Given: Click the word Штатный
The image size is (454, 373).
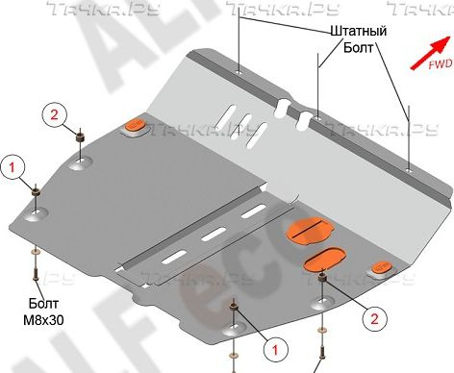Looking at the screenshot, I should pos(360,33).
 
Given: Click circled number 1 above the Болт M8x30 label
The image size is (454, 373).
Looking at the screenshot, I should pos(13,167).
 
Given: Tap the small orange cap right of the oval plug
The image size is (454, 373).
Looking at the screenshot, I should pos(381,267).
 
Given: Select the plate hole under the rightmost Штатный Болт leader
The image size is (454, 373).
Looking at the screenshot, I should pos(410,170).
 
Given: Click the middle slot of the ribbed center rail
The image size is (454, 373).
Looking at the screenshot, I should pos(216,233).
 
